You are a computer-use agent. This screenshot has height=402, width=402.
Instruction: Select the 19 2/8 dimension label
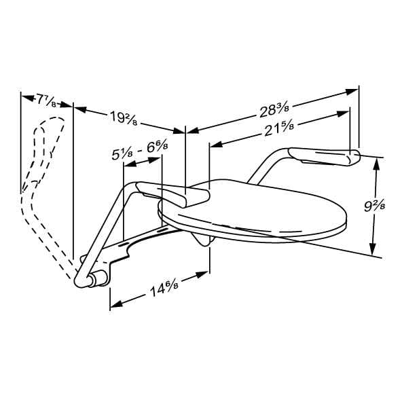(124, 118)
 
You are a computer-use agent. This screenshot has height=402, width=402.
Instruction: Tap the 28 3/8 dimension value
(274, 110)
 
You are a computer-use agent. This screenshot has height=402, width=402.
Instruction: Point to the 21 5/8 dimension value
(279, 129)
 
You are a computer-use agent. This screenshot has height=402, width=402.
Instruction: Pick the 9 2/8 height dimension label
(375, 206)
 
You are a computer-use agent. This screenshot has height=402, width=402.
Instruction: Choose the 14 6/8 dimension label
(164, 288)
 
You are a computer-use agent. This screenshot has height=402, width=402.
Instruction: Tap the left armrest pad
(172, 194)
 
